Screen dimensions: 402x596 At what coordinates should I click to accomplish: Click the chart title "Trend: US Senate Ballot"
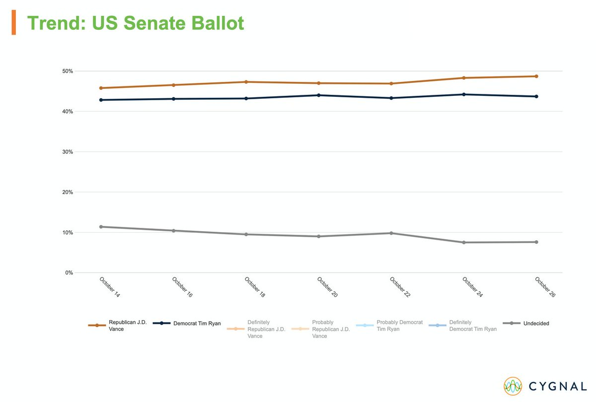[x=135, y=23]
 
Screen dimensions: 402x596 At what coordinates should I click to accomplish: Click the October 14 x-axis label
[x=110, y=287]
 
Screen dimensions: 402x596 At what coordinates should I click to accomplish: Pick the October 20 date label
[x=327, y=287]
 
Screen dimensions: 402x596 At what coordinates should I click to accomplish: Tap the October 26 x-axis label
[x=545, y=287]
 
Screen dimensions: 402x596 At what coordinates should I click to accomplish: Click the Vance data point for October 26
[x=536, y=76]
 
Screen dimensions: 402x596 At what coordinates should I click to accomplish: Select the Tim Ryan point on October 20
[x=318, y=95]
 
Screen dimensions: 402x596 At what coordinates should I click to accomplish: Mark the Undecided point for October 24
[x=464, y=242]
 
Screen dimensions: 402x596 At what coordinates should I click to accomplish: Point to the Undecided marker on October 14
[x=101, y=227]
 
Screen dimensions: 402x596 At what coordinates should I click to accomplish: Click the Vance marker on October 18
[x=246, y=82]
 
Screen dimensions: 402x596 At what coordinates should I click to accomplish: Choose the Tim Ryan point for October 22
[x=391, y=98]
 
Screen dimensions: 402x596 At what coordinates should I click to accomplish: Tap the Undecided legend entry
[x=526, y=324]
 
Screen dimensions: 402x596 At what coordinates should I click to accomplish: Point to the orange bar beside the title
[x=14, y=23]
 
